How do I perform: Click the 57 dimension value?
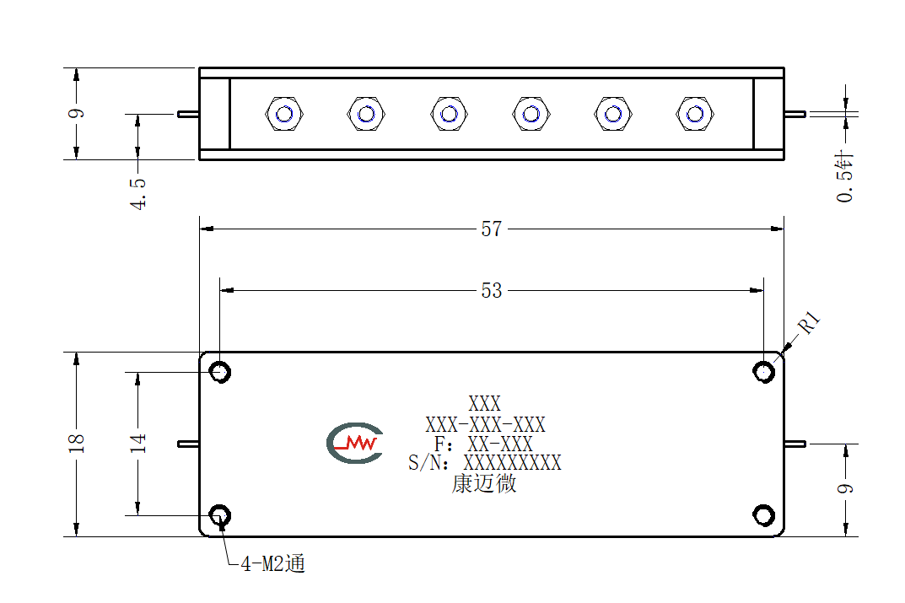pos(491,229)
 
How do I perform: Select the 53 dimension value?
pos(491,290)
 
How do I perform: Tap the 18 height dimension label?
pos(76,443)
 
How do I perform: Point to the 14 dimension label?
pos(137,443)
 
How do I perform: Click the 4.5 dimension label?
pos(137,193)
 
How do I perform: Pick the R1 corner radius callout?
pos(809,322)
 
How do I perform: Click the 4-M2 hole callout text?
pos(272,563)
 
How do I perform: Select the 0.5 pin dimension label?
pos(844,177)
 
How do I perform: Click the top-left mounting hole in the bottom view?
pos(220,372)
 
